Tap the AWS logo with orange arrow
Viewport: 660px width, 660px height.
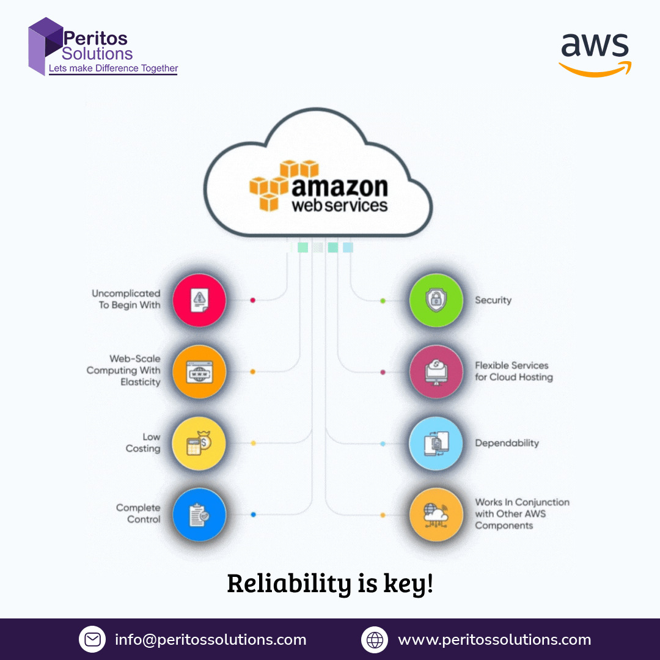595,54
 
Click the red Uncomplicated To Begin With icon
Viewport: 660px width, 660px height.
199,300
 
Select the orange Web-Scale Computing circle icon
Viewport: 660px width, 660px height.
199,371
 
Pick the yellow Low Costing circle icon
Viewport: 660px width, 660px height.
199,443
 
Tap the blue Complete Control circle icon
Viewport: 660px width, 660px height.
199,515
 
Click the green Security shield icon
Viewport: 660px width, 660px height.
436,300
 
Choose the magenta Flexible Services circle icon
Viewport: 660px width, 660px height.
436,371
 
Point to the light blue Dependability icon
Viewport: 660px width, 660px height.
436,443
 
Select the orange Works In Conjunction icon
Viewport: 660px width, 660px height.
436,515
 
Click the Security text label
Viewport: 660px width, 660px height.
493,300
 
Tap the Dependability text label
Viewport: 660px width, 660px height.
507,443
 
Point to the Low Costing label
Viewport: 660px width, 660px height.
144,443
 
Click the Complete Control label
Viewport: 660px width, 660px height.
139,513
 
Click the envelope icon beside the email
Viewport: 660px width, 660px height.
92,640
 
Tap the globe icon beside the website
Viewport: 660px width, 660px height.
375,640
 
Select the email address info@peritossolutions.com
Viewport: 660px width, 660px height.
211,640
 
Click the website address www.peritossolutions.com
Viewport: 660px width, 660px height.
494,640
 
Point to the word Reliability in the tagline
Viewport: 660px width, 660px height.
288,584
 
